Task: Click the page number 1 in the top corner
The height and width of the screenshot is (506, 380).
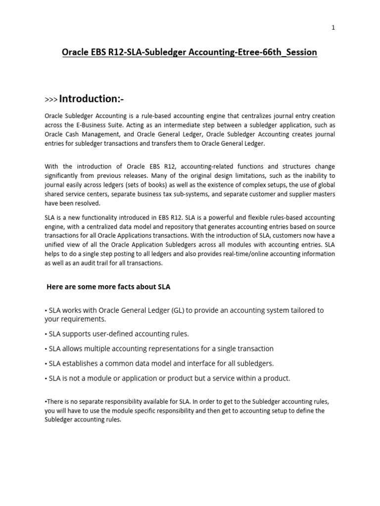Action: coord(333,28)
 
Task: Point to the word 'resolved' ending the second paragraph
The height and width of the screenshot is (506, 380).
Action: coord(88,203)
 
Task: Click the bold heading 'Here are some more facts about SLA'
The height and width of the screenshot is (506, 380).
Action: coord(108,287)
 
